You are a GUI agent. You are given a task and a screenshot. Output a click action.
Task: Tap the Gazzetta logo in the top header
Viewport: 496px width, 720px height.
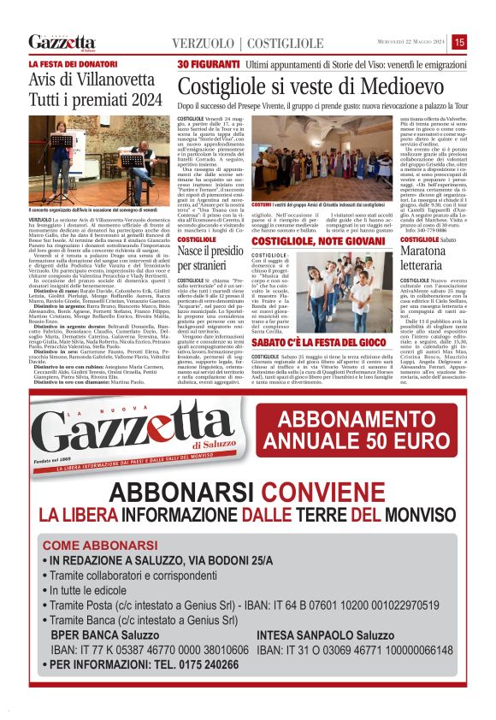point(62,42)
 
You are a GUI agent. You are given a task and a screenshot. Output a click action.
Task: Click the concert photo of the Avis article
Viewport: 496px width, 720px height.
point(100,160)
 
